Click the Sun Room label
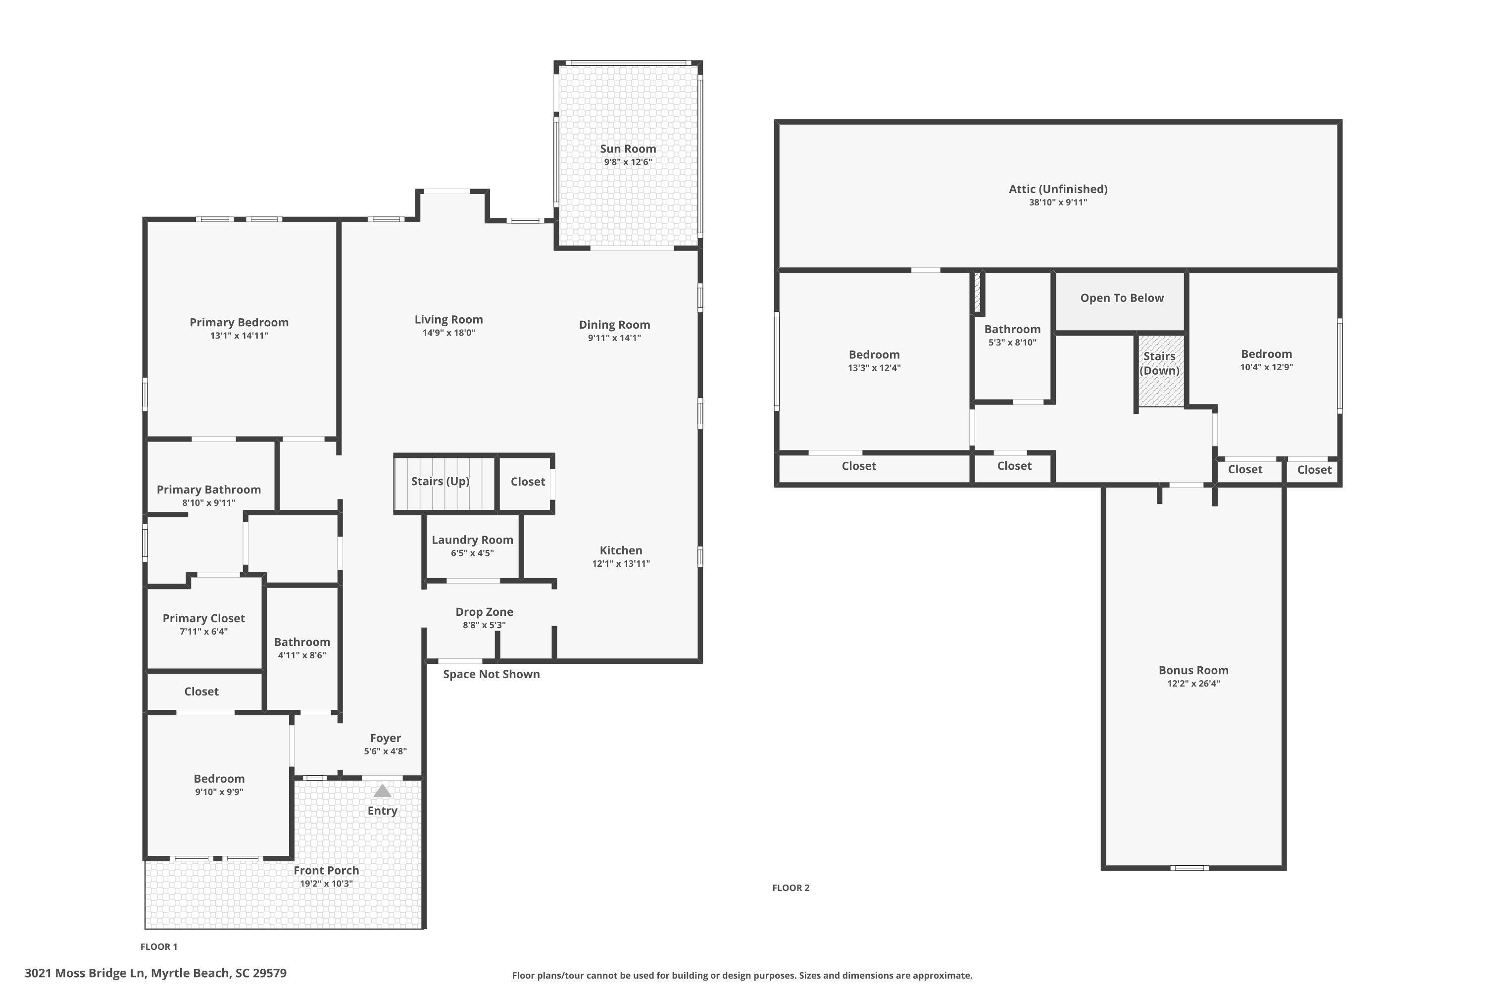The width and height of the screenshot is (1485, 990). [628, 149]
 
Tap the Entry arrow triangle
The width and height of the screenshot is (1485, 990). [383, 791]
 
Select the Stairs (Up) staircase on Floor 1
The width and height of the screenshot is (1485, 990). [445, 483]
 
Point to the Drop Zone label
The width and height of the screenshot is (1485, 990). [484, 612]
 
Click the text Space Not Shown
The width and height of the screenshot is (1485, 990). [491, 674]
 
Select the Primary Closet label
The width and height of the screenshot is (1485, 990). [203, 619]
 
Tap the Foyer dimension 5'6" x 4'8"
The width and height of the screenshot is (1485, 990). [385, 751]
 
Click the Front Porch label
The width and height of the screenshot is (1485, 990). [326, 871]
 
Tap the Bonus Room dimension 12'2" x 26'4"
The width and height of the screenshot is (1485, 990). [1193, 684]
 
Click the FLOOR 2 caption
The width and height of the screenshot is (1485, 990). [791, 888]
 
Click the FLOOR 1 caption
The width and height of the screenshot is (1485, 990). [159, 946]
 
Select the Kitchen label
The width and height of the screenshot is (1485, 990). [621, 550]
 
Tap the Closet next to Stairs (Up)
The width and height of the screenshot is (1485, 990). [527, 482]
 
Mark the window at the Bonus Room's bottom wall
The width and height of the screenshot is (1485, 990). [1189, 868]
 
